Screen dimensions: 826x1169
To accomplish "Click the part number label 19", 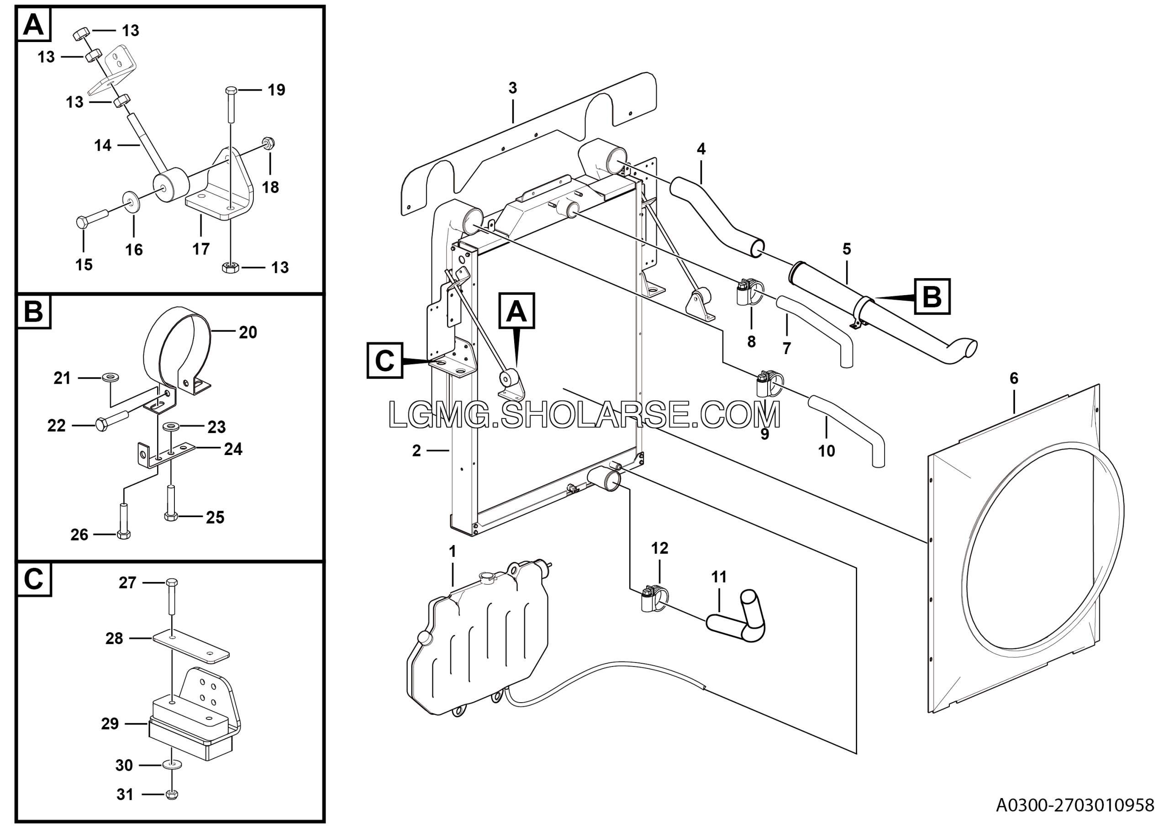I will point(276,90).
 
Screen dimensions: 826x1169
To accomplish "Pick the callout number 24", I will point(233,449).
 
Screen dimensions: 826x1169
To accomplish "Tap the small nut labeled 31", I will point(172,794).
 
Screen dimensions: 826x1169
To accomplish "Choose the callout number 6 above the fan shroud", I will point(1014,378).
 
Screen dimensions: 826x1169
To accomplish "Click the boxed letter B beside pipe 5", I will point(932,296).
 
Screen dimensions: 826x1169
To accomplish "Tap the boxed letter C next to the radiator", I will point(384,360).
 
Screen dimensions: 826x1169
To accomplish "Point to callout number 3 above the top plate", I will point(512,88).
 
